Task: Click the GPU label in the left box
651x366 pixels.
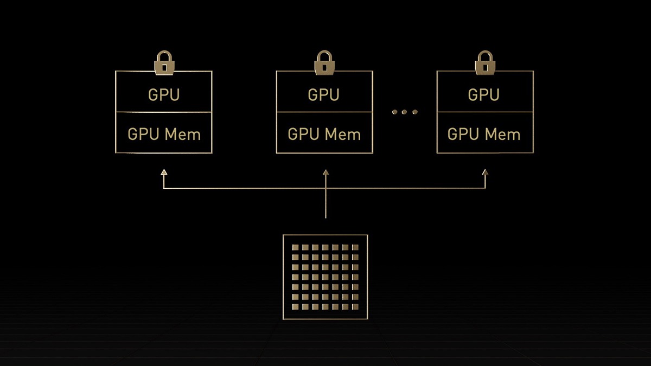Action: point(164,95)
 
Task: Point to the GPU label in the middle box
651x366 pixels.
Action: point(324,95)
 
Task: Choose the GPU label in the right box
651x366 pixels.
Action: point(484,95)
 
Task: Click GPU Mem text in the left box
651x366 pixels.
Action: point(164,134)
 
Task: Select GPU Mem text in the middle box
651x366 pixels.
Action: point(324,134)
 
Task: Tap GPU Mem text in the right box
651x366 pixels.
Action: point(484,134)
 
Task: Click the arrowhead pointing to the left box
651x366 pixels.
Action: point(164,172)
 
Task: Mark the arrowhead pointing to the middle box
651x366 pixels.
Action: point(325,172)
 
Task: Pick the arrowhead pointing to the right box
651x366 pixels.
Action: point(485,172)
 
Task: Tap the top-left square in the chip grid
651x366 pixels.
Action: point(296,248)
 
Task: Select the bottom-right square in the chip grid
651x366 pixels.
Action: point(355,307)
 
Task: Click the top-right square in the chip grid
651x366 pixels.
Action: point(355,248)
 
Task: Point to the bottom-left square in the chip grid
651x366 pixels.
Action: point(296,307)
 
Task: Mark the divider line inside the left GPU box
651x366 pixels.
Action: point(164,112)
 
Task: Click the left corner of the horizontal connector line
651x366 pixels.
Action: point(164,189)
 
